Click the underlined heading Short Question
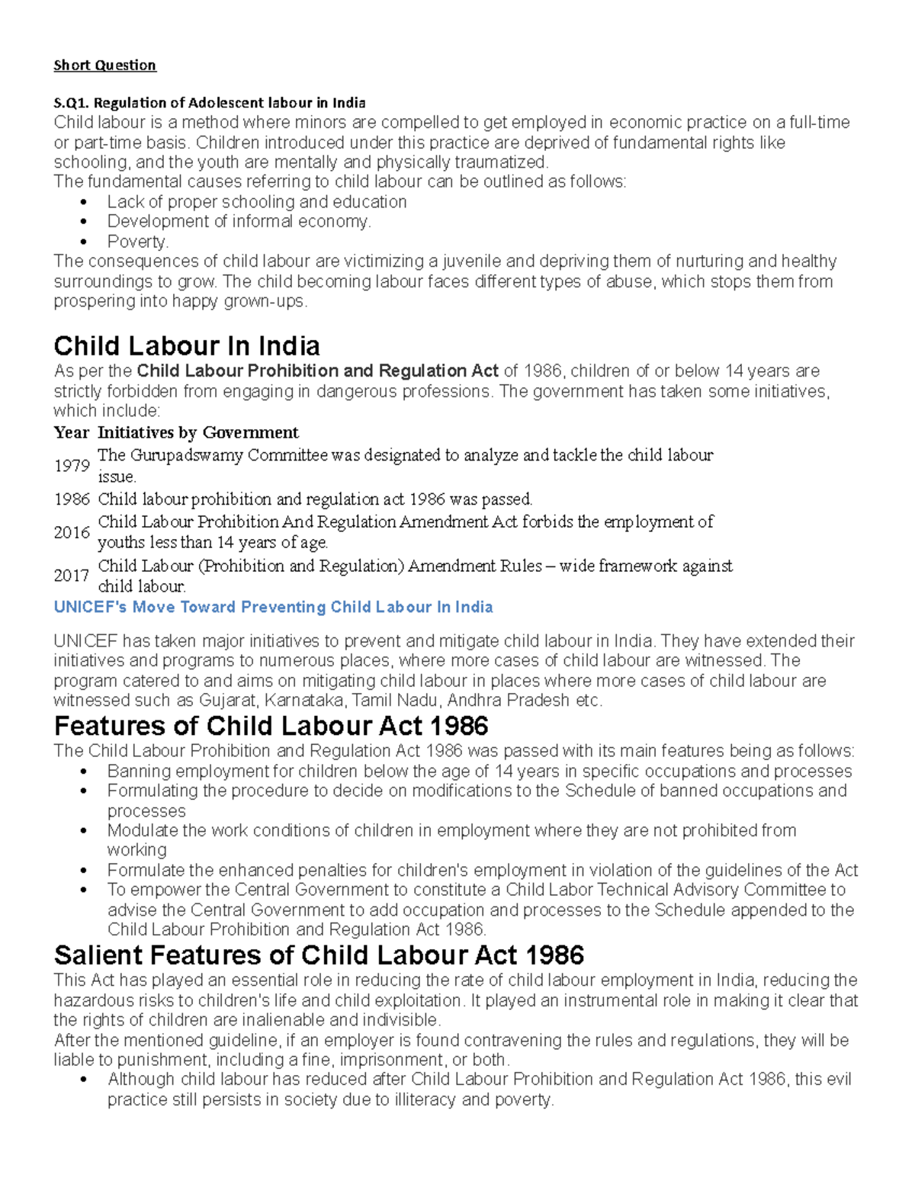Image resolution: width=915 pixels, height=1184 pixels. pyautogui.click(x=104, y=65)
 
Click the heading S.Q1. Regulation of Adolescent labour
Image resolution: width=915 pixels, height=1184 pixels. pyautogui.click(x=209, y=102)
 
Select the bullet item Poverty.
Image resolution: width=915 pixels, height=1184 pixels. pyautogui.click(x=137, y=242)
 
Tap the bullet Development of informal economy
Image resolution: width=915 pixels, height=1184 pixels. pyautogui.click(x=239, y=222)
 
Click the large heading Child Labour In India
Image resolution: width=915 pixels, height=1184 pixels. pyautogui.click(x=186, y=346)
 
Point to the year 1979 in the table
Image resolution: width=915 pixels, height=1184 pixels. pyautogui.click(x=72, y=466)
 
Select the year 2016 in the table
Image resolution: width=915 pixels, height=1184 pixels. pyautogui.click(x=72, y=532)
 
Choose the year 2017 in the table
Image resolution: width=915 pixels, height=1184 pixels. pyautogui.click(x=72, y=576)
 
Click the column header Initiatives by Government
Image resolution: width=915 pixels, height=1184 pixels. pyautogui.click(x=197, y=432)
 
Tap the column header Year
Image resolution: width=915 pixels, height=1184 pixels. pyautogui.click(x=71, y=432)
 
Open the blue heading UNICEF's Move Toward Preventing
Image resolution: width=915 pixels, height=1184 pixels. pyautogui.click(x=273, y=608)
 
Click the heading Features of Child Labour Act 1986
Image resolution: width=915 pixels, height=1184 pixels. pyautogui.click(x=271, y=725)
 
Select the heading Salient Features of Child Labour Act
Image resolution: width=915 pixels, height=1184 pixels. pyautogui.click(x=319, y=955)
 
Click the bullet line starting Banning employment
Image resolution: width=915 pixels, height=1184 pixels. pyautogui.click(x=479, y=771)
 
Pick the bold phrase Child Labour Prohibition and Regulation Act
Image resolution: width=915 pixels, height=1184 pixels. pyautogui.click(x=317, y=371)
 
